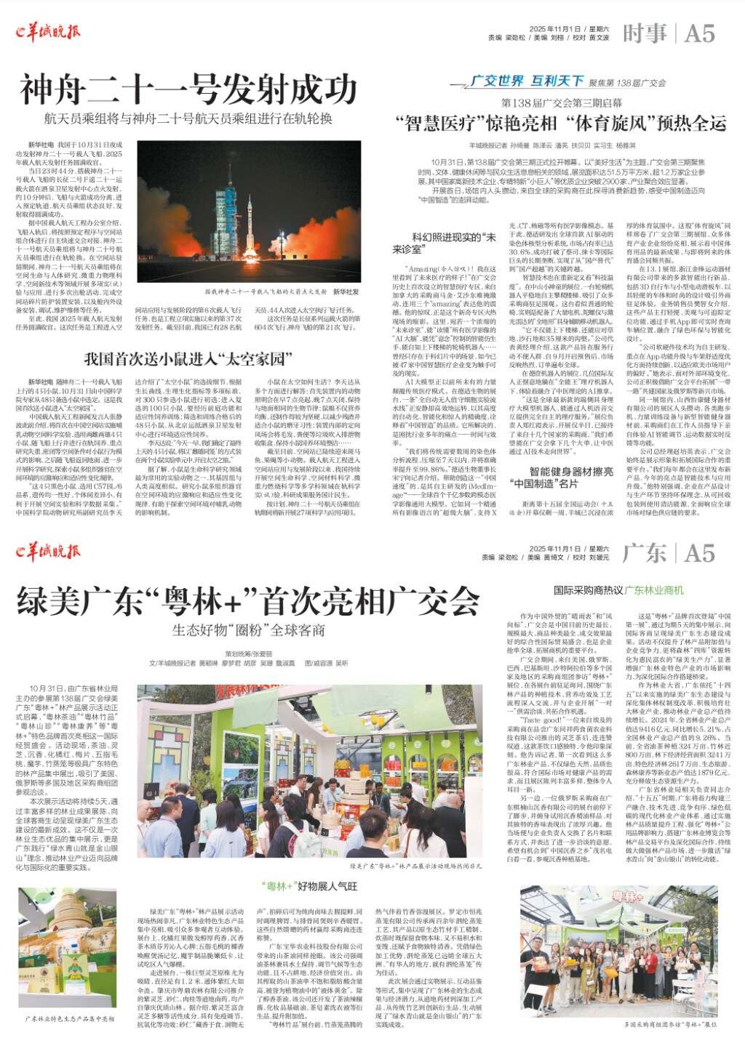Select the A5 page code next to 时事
698,33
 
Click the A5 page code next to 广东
698,554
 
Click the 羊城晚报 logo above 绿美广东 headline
48,552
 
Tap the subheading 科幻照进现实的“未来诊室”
454,242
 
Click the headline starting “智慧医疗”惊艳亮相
560,122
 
